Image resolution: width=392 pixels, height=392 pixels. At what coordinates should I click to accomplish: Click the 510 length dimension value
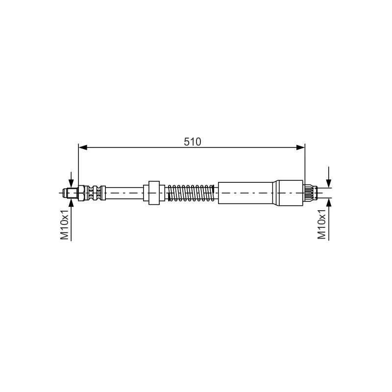(192, 142)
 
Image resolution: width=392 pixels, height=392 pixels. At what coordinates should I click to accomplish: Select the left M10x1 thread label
(65, 224)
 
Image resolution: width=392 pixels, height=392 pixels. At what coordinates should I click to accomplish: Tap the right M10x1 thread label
(322, 224)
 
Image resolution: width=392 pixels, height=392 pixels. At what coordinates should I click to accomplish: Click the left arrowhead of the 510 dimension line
(83, 147)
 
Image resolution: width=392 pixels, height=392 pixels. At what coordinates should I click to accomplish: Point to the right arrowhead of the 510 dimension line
(300, 147)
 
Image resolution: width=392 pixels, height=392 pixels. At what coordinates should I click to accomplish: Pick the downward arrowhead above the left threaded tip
(71, 183)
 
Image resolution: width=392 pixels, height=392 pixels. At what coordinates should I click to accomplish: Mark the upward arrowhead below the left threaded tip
(71, 202)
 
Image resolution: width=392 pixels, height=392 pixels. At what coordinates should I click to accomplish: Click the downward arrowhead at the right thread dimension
(329, 183)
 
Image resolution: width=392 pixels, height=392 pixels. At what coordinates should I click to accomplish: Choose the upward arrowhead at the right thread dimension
(329, 202)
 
